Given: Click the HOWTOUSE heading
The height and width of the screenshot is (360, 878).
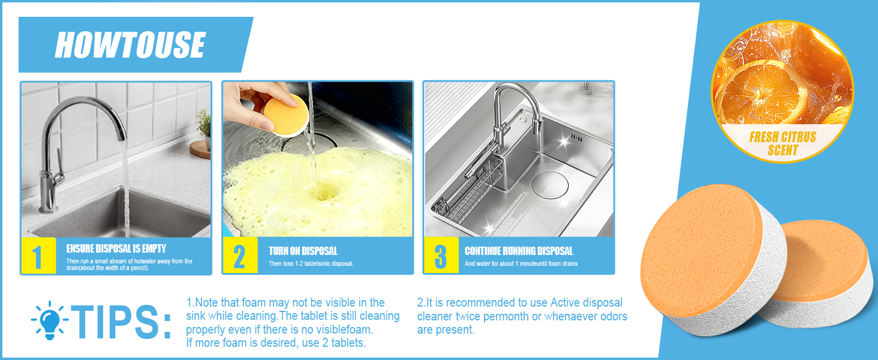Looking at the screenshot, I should point(130,45).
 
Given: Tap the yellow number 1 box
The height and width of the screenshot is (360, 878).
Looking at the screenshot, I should point(37,256).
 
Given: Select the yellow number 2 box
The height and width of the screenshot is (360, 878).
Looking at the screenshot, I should point(239,256).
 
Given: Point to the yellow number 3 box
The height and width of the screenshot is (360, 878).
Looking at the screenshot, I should point(441,256).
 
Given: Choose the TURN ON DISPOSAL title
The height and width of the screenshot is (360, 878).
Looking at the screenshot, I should point(303,251).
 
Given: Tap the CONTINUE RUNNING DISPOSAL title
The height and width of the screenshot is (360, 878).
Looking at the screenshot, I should point(519,251).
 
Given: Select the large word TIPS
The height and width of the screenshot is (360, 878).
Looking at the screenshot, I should point(123,322).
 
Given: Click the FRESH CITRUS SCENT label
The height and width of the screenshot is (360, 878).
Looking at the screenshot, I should point(782,143).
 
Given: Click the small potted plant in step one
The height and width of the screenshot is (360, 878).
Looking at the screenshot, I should point(204,126).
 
